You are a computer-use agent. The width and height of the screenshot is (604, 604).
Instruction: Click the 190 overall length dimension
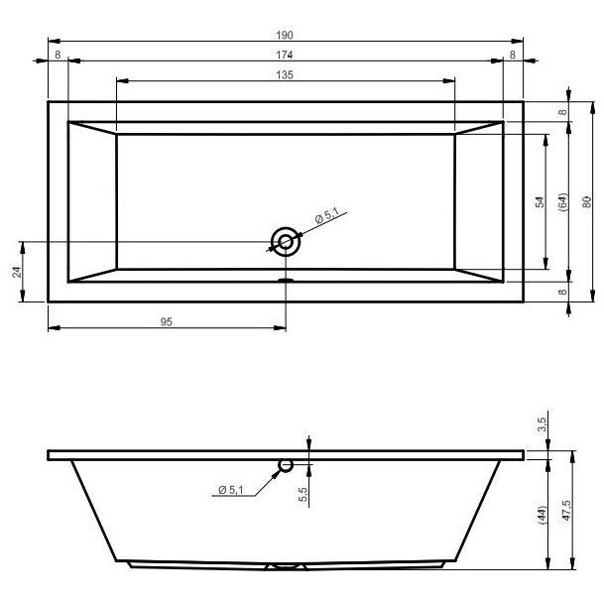[285, 35]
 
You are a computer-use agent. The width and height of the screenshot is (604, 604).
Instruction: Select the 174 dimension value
[285, 56]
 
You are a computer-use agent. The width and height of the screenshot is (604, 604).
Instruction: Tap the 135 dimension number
[285, 75]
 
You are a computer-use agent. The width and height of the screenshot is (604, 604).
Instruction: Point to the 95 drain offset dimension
[166, 322]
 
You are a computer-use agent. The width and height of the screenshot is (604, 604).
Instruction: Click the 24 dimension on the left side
[17, 272]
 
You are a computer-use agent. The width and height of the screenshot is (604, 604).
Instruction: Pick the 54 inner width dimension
[541, 202]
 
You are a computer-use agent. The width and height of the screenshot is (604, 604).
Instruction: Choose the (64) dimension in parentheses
[562, 202]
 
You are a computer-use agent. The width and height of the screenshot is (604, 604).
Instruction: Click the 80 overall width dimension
[586, 202]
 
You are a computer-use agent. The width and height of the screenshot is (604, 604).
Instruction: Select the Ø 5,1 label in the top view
[327, 216]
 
